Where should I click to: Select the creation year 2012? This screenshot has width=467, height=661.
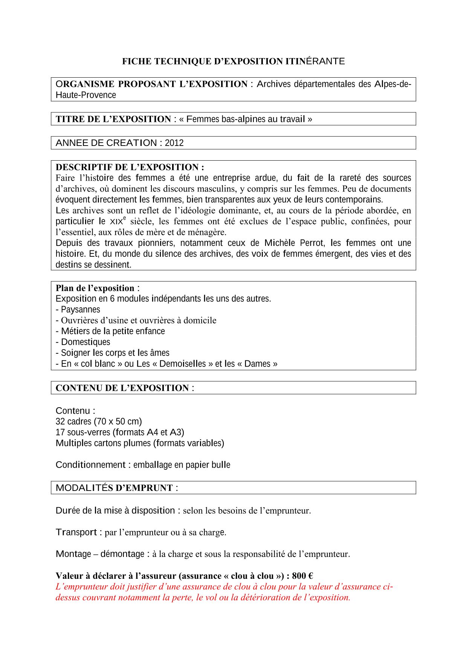coord(174,143)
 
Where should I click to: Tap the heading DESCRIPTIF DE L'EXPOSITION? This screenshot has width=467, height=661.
coord(130,167)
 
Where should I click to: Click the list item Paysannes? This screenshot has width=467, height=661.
coord(80,310)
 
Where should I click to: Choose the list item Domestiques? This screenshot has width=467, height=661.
coord(85,342)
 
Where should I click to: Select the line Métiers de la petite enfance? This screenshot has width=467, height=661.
coord(113,331)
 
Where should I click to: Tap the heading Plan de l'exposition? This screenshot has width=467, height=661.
coord(95,288)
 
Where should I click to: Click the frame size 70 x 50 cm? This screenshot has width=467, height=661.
coord(118,421)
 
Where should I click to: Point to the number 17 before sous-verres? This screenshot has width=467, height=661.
coord(60,432)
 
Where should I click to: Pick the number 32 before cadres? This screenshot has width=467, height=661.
coord(60,421)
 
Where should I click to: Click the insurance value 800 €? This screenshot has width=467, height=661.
coord(302,576)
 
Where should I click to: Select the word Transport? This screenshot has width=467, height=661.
coord(76,532)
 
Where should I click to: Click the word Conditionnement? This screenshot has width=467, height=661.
coord(90,465)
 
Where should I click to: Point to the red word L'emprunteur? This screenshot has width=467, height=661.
coord(81,587)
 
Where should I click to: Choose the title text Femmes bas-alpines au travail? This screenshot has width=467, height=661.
coord(246,119)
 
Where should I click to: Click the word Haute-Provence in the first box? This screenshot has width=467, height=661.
coord(86,95)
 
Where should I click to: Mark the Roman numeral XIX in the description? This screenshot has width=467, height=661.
coord(116,222)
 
